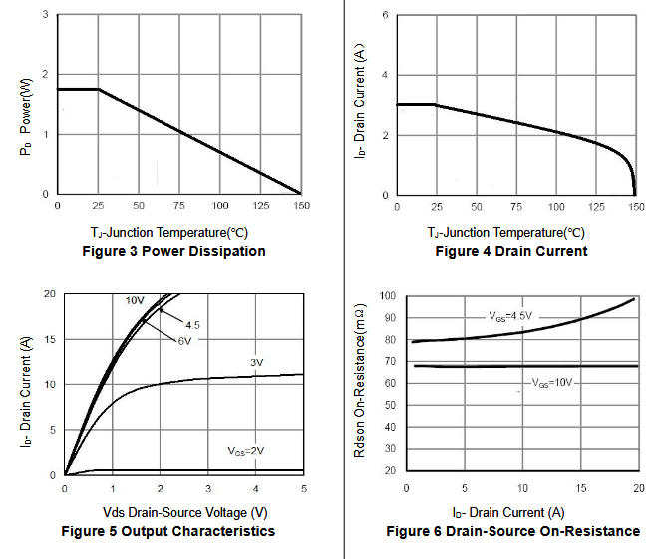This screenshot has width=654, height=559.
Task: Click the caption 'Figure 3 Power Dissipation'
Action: (173, 251)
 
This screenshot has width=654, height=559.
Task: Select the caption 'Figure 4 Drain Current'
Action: (510, 251)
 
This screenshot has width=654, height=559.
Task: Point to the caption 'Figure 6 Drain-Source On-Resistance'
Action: (512, 530)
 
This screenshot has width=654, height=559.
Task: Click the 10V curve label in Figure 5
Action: (134, 300)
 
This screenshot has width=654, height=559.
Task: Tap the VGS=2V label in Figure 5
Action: (246, 452)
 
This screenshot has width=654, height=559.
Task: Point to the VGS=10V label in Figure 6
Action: (551, 382)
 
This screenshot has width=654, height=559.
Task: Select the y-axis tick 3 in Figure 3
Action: (45, 15)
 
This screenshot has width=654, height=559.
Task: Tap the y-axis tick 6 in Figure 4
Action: (386, 16)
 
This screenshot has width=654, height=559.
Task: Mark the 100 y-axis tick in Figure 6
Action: (387, 297)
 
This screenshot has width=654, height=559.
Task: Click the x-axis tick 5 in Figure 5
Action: (303, 489)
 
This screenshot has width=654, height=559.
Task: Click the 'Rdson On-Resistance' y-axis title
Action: (360, 382)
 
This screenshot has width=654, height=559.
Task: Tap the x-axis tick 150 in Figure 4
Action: (635, 206)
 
